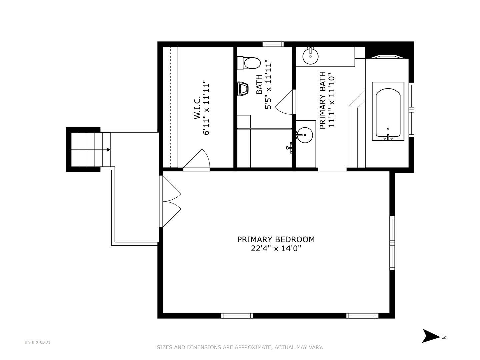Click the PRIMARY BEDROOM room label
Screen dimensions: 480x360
pos(276,240)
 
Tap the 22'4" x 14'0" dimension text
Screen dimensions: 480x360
pos(276,249)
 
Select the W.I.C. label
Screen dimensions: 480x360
pos(197,107)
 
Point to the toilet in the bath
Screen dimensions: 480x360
pos(249,63)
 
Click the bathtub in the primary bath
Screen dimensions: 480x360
pos(388,111)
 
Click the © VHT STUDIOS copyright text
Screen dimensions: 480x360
pos(37,342)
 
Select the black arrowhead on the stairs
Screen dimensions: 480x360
pos(108,150)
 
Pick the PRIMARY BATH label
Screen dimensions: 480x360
pos(323,100)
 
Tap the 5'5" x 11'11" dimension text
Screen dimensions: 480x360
pos(268,86)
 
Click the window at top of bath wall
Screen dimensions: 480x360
pos(273,44)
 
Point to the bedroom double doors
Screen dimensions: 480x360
pos(170,201)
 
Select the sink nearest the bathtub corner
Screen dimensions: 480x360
pos(310,56)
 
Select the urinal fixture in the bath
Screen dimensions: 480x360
pos(243,89)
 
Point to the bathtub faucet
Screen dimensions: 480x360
pos(388,138)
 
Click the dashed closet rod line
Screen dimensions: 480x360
pos(171,107)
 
